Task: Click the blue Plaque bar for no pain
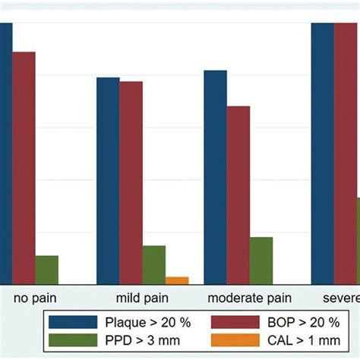click(5, 152)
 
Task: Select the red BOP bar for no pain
click(24, 167)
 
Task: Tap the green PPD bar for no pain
click(46, 269)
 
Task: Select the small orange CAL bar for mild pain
click(176, 280)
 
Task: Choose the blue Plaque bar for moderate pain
click(215, 177)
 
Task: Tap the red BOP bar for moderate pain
click(238, 194)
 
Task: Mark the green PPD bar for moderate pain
click(261, 260)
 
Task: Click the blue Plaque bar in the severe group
click(323, 152)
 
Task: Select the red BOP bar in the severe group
click(346, 152)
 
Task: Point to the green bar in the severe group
click(358, 240)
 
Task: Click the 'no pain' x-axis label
click(35, 298)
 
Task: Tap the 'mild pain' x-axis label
click(142, 298)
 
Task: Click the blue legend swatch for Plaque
click(72, 321)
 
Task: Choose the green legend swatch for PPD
click(72, 339)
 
